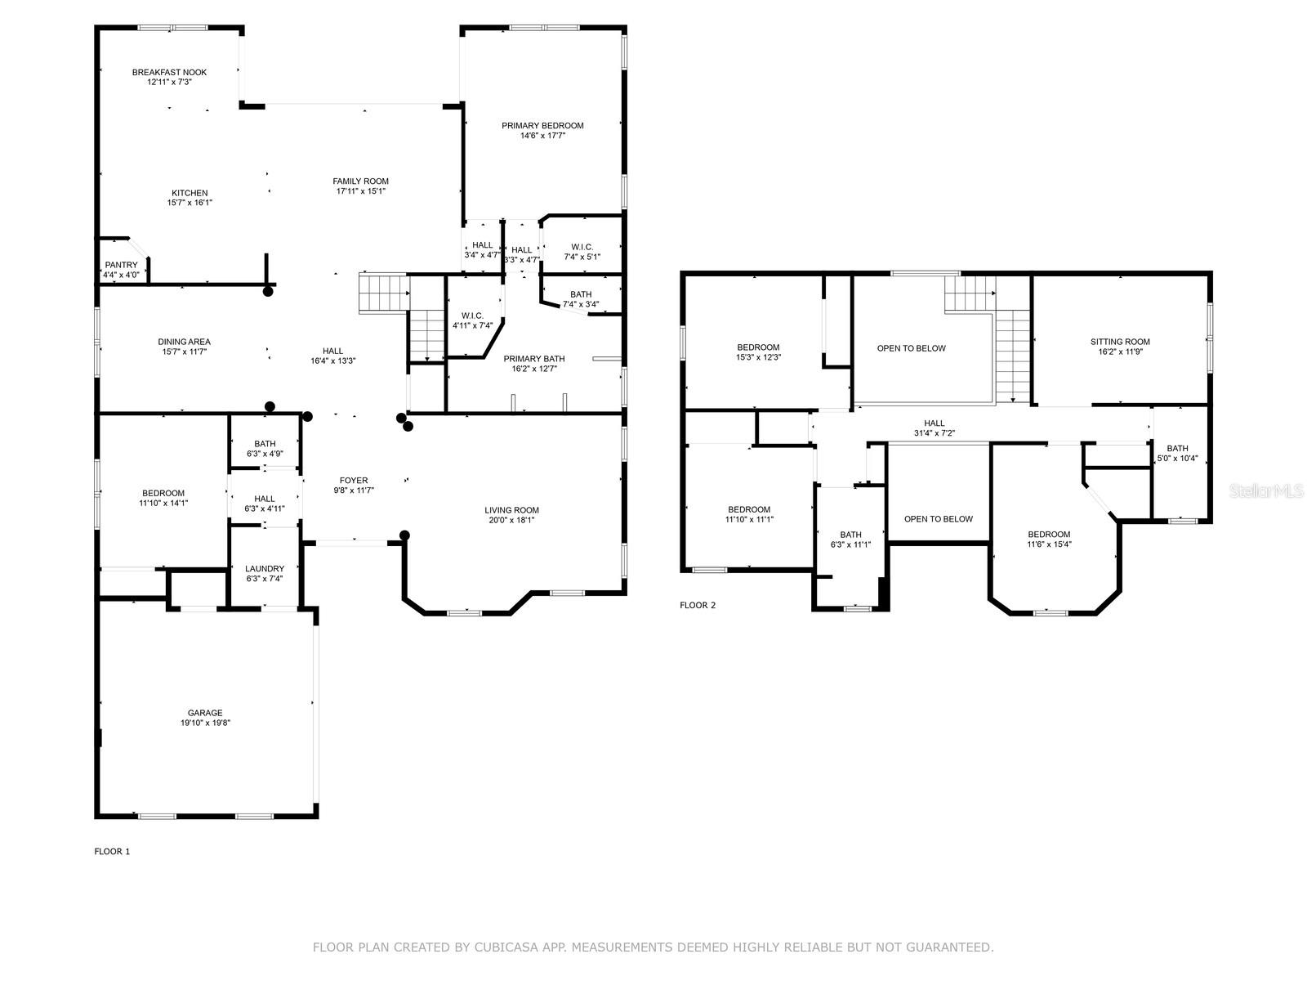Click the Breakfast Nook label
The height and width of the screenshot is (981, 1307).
click(169, 72)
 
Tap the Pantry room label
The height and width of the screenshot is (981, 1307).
click(121, 265)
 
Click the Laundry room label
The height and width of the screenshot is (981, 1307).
click(265, 569)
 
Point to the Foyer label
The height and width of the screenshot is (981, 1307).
click(354, 481)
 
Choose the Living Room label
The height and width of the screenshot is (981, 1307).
click(511, 510)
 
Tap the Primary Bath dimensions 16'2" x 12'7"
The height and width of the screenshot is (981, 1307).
click(533, 369)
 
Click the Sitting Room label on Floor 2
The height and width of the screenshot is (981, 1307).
click(1119, 342)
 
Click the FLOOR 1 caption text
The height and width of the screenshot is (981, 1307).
click(112, 851)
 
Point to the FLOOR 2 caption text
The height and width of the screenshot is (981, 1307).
click(698, 605)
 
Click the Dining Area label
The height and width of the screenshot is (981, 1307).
click(184, 342)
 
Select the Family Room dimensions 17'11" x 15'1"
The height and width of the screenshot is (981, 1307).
click(360, 191)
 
